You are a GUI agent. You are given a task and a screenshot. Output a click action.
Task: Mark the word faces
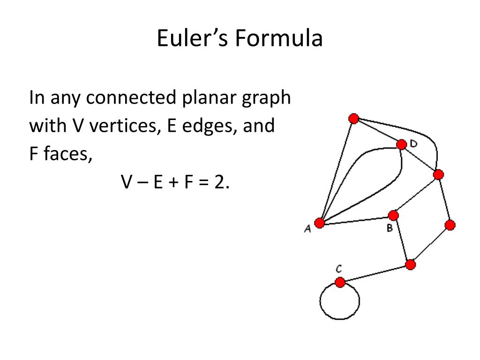(67, 154)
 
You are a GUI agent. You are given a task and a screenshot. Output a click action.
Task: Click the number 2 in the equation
(219, 181)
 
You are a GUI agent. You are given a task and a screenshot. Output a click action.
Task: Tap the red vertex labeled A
(320, 223)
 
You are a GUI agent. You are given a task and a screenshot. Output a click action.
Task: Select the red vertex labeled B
(393, 216)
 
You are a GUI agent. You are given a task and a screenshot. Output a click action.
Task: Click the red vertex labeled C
(340, 283)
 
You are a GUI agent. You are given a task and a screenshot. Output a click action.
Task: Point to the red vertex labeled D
(402, 144)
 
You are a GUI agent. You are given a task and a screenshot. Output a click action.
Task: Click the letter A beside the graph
(307, 229)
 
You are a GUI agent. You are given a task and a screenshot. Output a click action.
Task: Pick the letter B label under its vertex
(390, 229)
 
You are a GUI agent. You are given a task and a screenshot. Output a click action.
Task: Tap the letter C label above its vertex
(338, 269)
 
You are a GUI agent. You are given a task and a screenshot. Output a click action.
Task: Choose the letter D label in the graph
(413, 144)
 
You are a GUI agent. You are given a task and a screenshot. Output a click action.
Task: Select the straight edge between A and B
(356, 219)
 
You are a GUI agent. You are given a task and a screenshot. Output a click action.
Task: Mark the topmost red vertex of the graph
(354, 119)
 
